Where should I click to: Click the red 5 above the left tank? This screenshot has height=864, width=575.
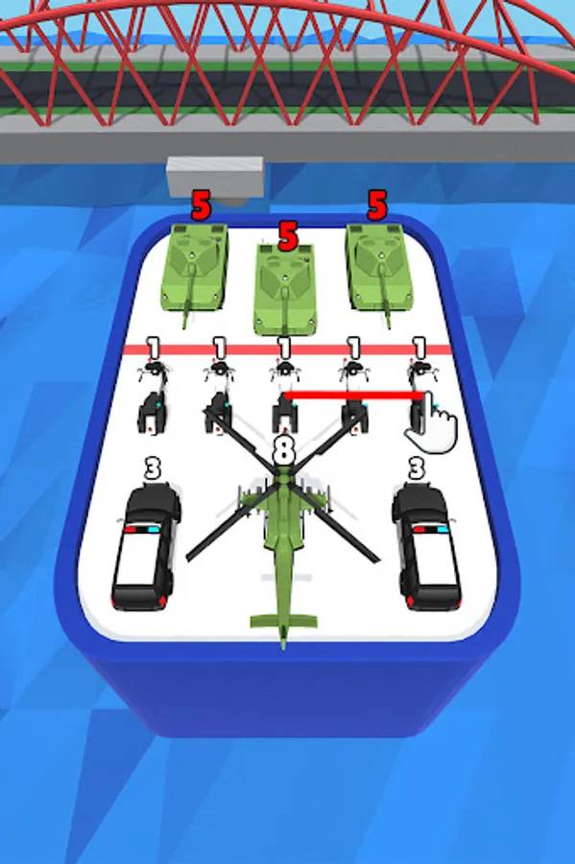[201, 205]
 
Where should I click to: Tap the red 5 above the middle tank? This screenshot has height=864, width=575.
[288, 236]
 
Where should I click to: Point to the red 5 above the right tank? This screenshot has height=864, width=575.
[377, 205]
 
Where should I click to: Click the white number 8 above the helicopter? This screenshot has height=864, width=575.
[283, 449]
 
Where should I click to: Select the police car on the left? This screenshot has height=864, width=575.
[145, 546]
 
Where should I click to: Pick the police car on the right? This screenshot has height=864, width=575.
[426, 546]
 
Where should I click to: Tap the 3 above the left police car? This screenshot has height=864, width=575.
[153, 468]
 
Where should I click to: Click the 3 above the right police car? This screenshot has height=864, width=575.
[417, 468]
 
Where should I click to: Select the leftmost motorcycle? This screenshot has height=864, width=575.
[152, 396]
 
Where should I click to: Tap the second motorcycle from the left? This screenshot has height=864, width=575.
[219, 396]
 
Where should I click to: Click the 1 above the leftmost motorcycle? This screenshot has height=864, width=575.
[154, 348]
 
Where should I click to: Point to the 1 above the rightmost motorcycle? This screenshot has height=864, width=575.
[419, 348]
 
